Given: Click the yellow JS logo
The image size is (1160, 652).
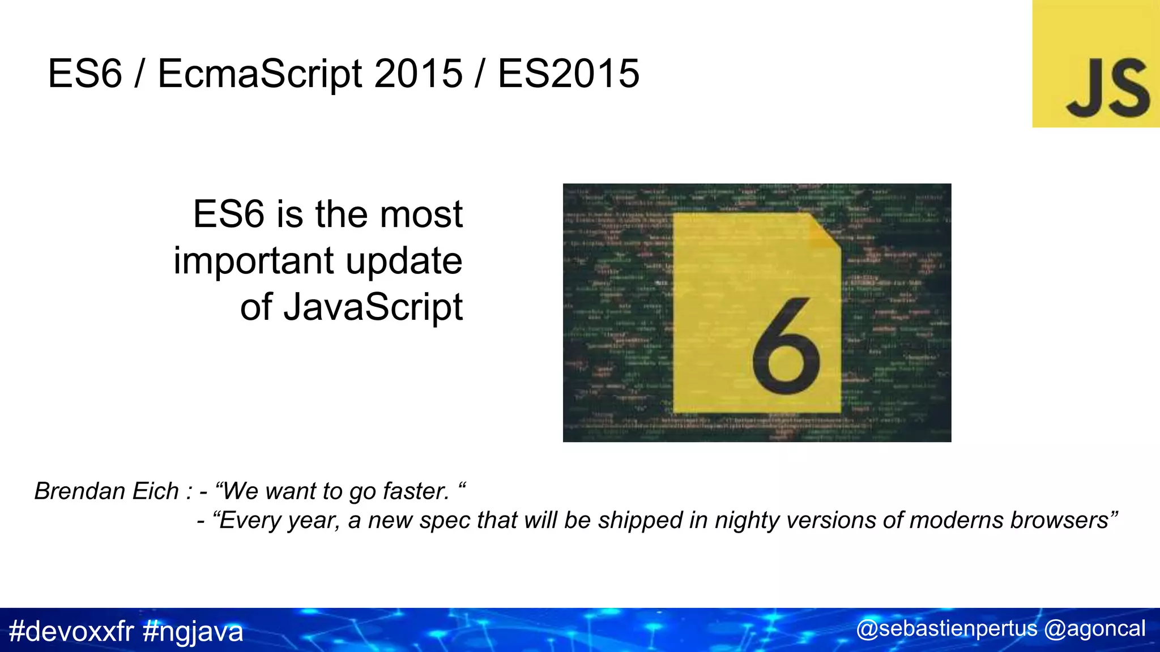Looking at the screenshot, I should pyautogui.click(x=1095, y=63).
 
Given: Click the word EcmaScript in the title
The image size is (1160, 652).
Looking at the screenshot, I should pyautogui.click(x=259, y=74).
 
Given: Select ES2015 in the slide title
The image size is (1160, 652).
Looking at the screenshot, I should pyautogui.click(x=569, y=74).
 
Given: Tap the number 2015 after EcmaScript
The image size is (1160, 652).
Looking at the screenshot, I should pyautogui.click(x=418, y=74).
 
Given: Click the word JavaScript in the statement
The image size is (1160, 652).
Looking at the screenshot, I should pyautogui.click(x=373, y=307).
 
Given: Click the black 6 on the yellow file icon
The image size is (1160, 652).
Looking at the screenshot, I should pyautogui.click(x=786, y=346).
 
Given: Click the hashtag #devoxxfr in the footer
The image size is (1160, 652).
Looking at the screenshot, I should pyautogui.click(x=71, y=631).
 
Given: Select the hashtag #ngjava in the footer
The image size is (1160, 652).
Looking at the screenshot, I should pyautogui.click(x=193, y=631).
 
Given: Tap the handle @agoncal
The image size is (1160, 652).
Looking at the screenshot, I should pyautogui.click(x=1094, y=629).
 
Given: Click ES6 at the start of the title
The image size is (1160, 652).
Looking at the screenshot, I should pyautogui.click(x=85, y=74).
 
